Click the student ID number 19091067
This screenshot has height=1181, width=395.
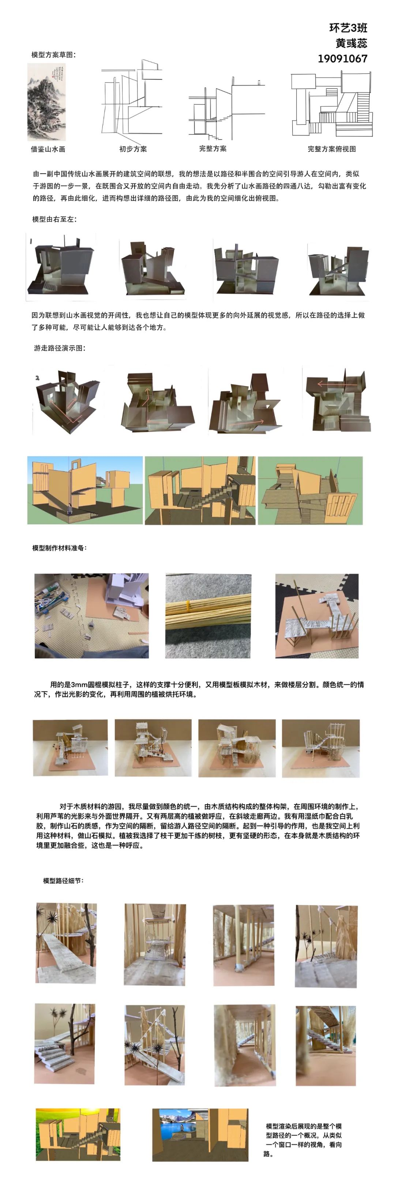point(342,59)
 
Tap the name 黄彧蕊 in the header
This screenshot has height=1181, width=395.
point(351,43)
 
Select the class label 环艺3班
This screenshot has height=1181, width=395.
point(348,28)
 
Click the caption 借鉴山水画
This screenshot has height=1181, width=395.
point(48,149)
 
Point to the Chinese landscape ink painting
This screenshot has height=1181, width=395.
point(46,102)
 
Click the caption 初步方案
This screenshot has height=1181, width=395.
point(133,149)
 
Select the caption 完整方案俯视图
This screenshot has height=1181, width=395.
point(331,149)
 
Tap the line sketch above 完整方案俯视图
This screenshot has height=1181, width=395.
point(332,105)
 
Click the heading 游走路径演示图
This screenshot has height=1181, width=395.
point(60,348)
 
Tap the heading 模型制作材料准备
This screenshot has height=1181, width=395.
point(60,547)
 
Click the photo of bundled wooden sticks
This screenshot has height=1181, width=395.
point(208,616)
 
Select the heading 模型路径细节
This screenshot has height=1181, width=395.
point(63,880)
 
